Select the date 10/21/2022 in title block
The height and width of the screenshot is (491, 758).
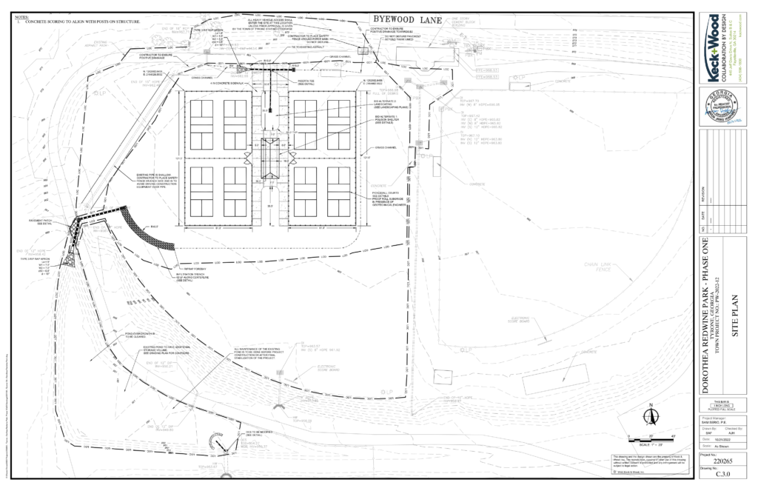point(710,438)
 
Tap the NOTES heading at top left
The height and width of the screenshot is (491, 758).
point(21,16)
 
